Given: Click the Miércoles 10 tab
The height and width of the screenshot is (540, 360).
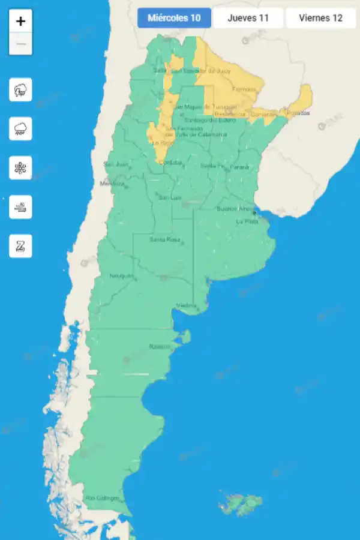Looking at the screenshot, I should coord(174,18).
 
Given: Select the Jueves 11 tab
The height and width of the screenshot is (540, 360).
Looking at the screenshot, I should coord(248,18).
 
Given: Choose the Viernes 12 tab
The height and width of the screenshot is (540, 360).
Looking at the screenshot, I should coord(320,18).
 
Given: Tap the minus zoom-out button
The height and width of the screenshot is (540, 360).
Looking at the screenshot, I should coord(21,44).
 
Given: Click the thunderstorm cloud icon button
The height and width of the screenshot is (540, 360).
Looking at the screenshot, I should coord(21,91).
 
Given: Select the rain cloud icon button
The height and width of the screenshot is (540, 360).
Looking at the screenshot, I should coord(21,129).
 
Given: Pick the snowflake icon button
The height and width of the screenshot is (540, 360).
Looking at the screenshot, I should coord(21,168).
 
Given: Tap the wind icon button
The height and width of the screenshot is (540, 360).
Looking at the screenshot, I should coord(21,207).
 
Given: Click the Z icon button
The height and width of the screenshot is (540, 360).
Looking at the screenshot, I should coord(21,246).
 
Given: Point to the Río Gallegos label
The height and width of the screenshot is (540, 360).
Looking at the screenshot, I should coord(102,498).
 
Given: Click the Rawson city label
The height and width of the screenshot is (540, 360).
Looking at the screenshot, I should coord(160,347).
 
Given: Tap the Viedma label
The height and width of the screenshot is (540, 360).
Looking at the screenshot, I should coord(186,306).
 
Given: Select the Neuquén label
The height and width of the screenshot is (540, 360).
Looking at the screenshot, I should coord(121,276).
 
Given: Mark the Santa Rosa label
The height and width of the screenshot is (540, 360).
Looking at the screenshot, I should coord(165,240).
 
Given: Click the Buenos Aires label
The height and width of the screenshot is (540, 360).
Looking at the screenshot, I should coord(235,209).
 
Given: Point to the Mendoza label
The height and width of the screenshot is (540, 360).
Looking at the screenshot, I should coord(112,184).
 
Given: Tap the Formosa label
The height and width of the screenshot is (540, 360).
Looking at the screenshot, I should coord(244,89).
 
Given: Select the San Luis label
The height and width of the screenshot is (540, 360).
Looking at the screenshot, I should coord(170,197).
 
